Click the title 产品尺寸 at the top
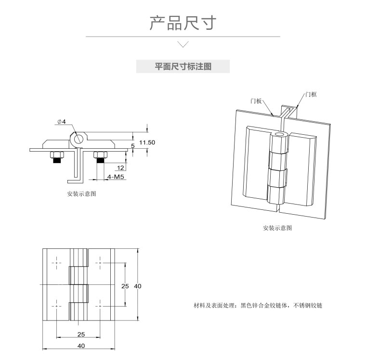(x=183, y=23)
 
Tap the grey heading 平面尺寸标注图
(x=183, y=66)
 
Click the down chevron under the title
(x=183, y=45)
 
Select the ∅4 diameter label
(x=62, y=122)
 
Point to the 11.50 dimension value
(x=147, y=142)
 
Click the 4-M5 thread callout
(x=116, y=177)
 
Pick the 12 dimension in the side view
(x=120, y=167)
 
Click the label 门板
(x=256, y=101)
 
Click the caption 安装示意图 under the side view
(x=82, y=194)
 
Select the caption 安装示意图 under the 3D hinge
(x=277, y=228)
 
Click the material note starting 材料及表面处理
(x=258, y=305)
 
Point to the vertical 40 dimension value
(x=138, y=286)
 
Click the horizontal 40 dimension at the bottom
(x=81, y=345)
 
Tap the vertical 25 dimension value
(x=125, y=286)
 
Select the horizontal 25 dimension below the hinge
(x=81, y=334)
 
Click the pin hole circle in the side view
(x=78, y=139)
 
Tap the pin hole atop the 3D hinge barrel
(x=279, y=133)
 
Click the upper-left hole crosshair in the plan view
(x=57, y=264)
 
